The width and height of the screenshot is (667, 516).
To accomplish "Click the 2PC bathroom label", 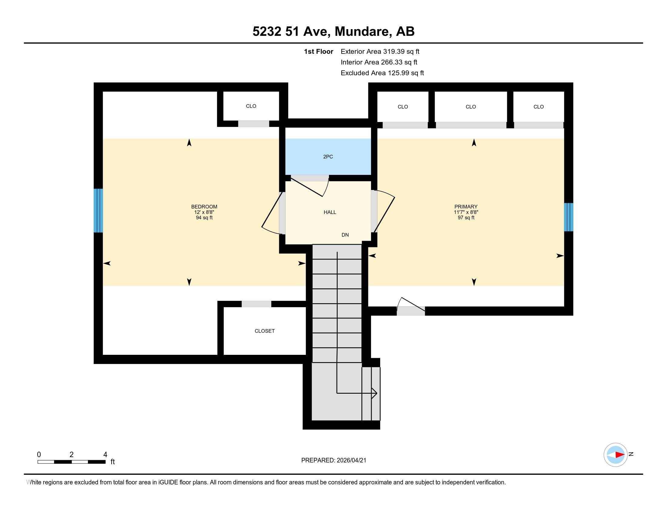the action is coord(328,157).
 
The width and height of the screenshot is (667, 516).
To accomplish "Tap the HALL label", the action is coord(330,212).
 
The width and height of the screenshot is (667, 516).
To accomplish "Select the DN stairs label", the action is coord(345,235).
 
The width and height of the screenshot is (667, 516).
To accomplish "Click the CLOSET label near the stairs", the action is coord(264,331).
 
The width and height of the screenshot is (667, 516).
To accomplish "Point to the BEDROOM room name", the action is coord(204,207).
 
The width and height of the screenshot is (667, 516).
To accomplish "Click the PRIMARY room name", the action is coord(466,207).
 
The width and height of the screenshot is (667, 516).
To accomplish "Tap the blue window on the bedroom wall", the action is coord(98,211).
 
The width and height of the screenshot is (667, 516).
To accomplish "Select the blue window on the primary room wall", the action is coord(568,217).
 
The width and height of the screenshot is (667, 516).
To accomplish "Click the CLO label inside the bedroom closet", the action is coord(251,106).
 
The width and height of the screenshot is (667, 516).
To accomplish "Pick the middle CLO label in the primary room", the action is coord(471,107).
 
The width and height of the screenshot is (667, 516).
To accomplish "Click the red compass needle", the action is coord(620,455).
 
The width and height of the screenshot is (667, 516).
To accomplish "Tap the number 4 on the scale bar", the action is coord(105,455).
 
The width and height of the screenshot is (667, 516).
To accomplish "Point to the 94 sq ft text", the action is coord(204,218).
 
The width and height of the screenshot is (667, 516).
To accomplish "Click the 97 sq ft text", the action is coord(466,218).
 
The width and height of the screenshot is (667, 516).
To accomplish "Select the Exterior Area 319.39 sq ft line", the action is coord(380,51).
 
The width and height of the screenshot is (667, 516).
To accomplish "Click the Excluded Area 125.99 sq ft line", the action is coord(382,73).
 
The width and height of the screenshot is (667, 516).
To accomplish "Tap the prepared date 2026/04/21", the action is coord(351,460).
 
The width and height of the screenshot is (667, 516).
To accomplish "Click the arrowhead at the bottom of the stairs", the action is coord(374,393).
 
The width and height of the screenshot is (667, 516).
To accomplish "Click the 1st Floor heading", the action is coord(318,51).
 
